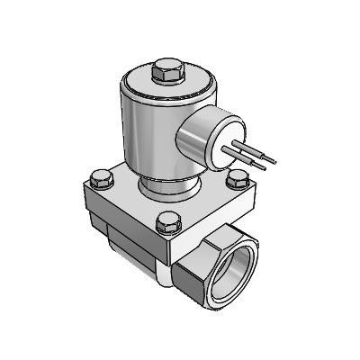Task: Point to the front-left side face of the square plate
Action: tap(117, 216)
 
